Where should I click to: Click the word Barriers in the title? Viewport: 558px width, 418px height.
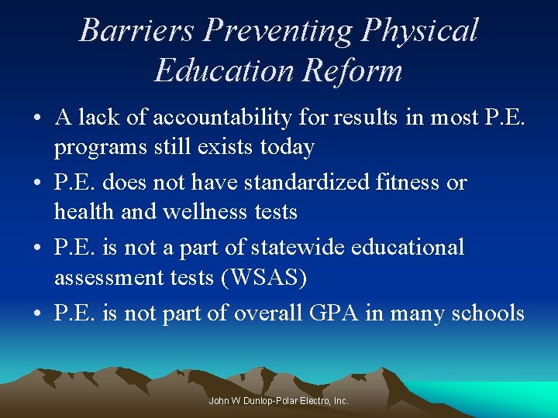click(136, 31)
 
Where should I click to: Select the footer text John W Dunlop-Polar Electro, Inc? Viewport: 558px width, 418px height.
click(279, 401)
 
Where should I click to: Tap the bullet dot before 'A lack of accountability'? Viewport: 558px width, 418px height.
click(37, 119)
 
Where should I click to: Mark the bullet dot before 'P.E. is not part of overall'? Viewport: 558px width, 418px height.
click(37, 314)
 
